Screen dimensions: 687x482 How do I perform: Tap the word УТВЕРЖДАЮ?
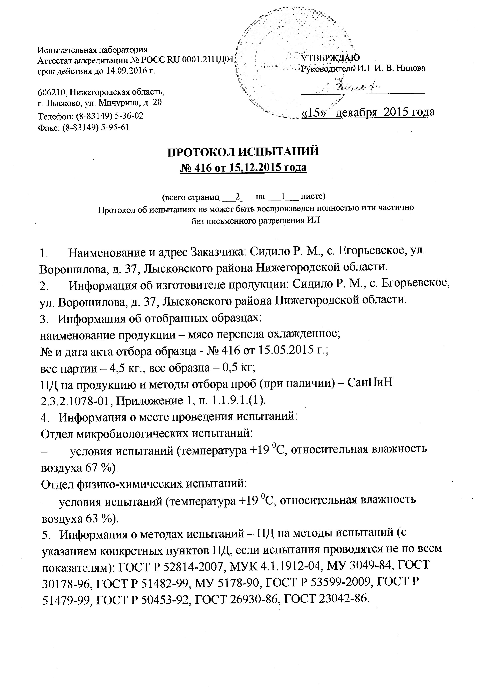(330, 57)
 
